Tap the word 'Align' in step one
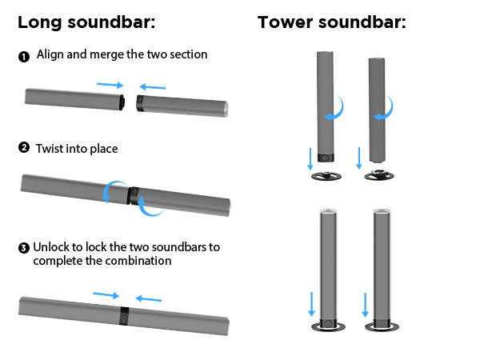[50, 55]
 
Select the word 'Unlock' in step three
[53, 247]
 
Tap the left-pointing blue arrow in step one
[151, 86]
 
